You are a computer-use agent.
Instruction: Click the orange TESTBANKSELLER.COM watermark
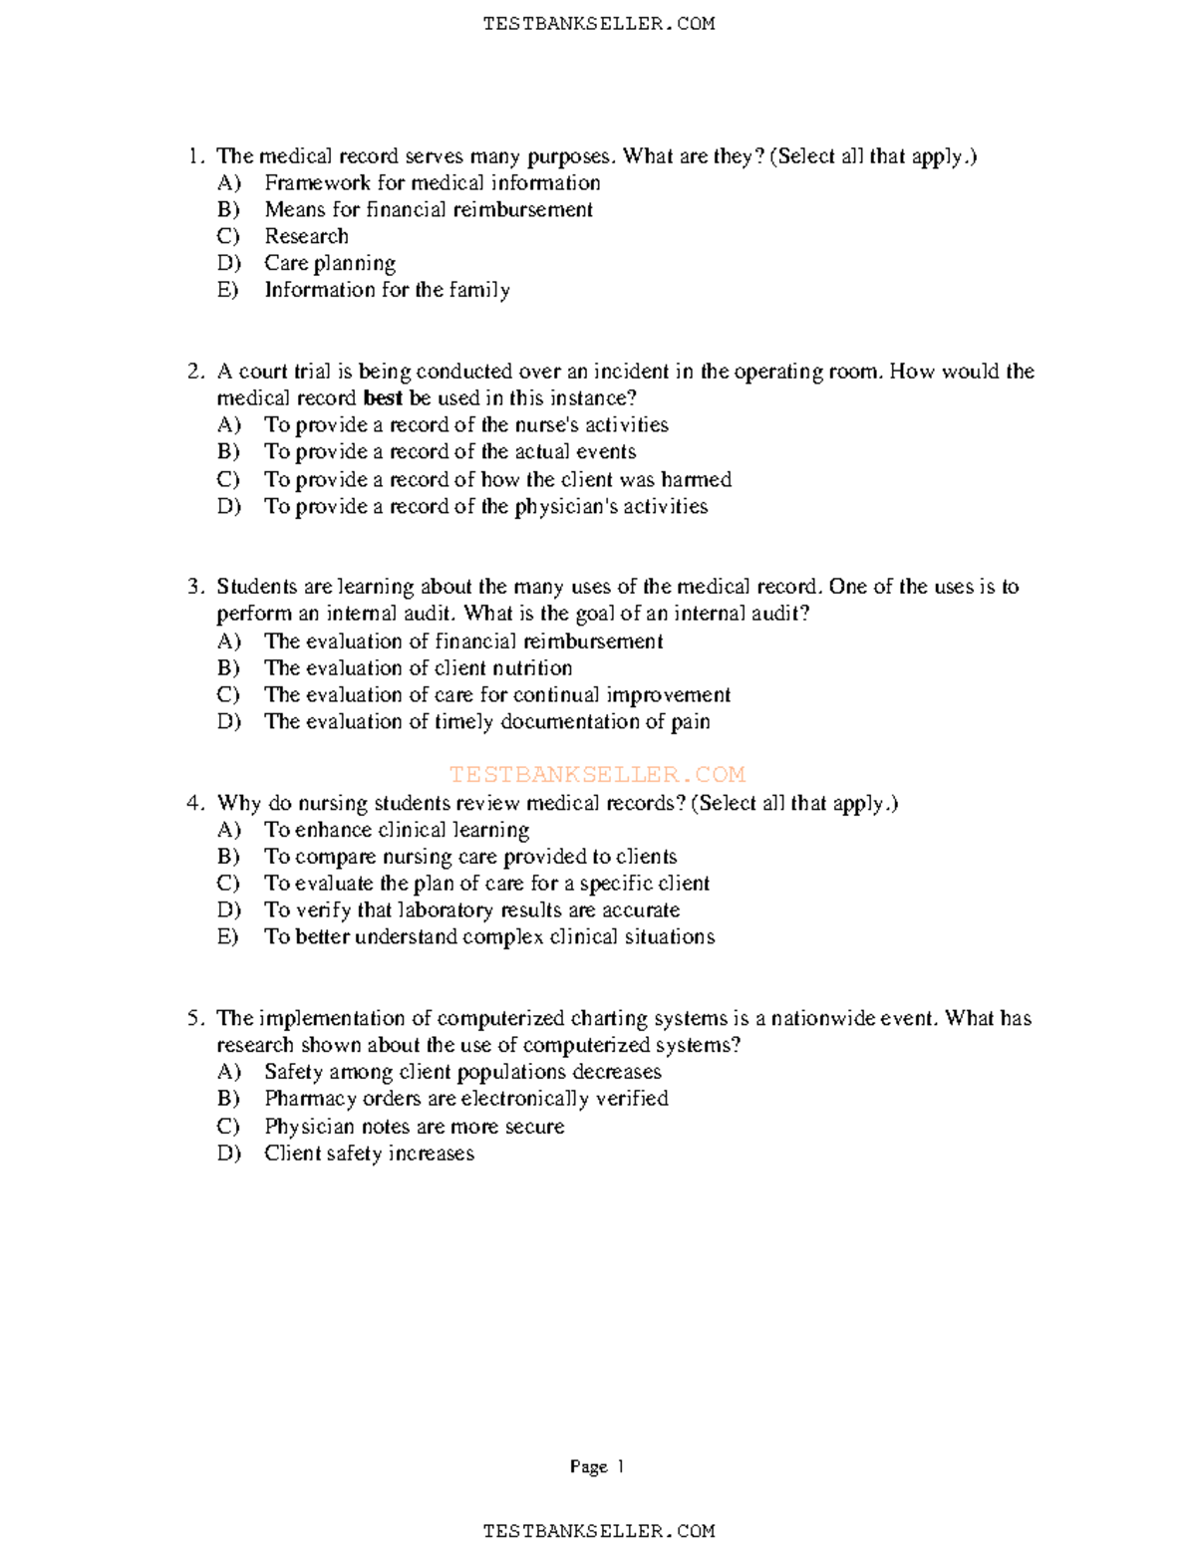(597, 774)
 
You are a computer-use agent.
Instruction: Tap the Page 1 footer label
(597, 1466)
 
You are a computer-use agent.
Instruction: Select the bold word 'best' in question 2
(383, 398)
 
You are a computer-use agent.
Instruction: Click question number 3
(195, 587)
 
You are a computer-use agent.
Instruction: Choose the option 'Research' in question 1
(306, 236)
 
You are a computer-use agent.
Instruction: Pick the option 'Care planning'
(330, 263)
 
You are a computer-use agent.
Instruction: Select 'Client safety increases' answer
(369, 1154)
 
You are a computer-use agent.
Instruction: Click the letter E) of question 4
(228, 936)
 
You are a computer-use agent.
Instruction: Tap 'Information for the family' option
(387, 290)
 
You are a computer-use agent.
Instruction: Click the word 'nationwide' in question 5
(823, 1018)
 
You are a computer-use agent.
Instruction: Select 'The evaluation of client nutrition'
(418, 667)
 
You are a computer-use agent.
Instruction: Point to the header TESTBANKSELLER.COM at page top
(598, 24)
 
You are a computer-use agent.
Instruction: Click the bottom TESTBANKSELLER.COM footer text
(598, 1531)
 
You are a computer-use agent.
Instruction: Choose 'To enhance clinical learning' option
(396, 830)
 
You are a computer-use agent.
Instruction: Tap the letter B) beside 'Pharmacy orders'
(228, 1099)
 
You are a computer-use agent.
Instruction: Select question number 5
(195, 1018)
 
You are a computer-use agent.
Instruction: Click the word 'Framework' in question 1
(317, 182)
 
